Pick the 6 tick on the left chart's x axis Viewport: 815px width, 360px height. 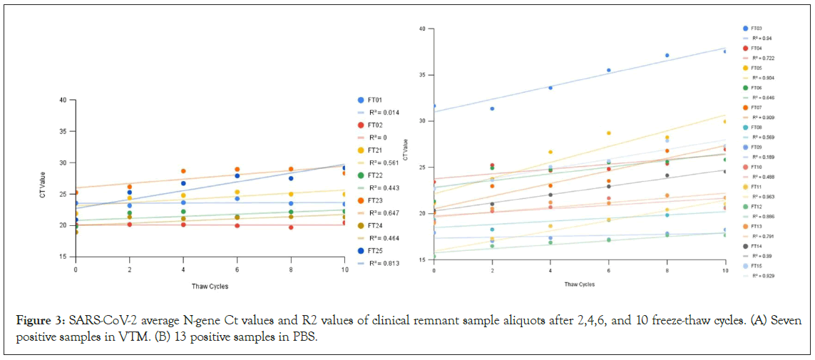237,271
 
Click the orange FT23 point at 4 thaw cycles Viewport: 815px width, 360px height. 183,171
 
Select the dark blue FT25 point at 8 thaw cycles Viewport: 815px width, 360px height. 291,178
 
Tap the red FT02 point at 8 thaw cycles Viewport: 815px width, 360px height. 291,227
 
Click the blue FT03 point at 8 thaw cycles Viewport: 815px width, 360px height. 667,55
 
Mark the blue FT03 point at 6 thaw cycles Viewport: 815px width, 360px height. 609,70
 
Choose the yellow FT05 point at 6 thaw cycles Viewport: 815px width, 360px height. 609,133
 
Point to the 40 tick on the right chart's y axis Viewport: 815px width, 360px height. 422,29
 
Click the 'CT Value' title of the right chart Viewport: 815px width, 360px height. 405,146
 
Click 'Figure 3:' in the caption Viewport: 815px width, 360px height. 41,318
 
